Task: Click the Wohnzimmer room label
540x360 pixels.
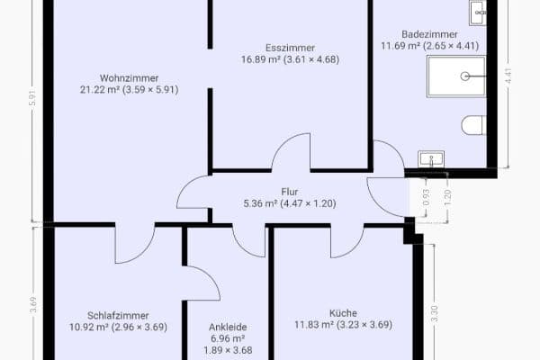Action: point(130,76)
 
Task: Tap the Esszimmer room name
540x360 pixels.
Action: point(290,48)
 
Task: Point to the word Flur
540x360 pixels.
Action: point(289,192)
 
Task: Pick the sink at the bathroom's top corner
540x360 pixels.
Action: point(478,12)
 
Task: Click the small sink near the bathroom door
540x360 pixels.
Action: point(432,159)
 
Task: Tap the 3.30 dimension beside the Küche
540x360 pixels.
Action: point(435,314)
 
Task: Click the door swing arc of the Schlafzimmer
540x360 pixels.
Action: point(135,245)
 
